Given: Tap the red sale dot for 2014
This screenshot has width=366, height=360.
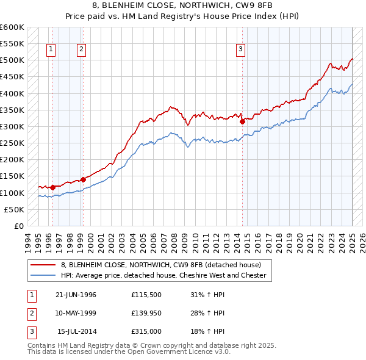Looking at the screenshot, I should pos(242,121).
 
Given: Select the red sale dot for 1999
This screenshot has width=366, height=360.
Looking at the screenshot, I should pos(83,179).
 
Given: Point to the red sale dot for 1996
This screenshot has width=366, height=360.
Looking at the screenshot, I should pos(52,187).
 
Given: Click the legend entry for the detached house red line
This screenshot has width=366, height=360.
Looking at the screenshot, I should pos(161,265).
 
